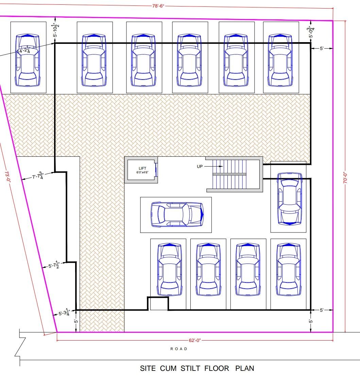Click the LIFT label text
[142, 168]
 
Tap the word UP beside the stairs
[200, 166]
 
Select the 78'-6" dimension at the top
[158, 6]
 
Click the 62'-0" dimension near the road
[195, 340]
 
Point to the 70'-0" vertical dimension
[345, 177]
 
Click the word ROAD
[179, 349]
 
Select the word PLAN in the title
[245, 368]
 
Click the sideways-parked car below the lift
[177, 214]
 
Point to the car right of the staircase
[289, 199]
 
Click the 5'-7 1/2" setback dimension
[54, 265]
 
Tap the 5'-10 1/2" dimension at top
[56, 30]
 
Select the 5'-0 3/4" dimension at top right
[311, 32]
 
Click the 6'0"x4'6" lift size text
[142, 172]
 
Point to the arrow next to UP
[213, 166]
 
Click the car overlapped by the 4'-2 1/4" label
[28, 60]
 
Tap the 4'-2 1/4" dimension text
[25, 50]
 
